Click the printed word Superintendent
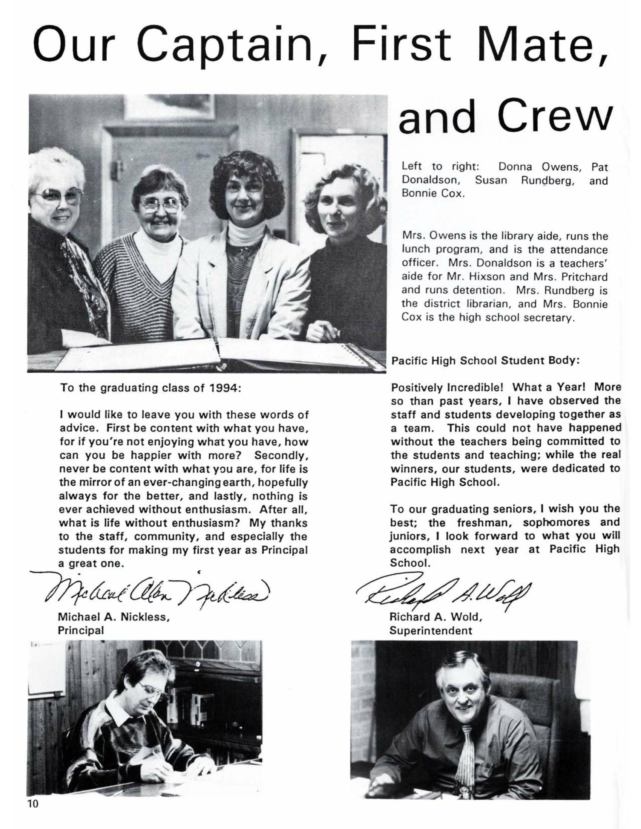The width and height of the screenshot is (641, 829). click(431, 631)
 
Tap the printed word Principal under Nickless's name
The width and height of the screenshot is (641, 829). click(81, 630)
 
